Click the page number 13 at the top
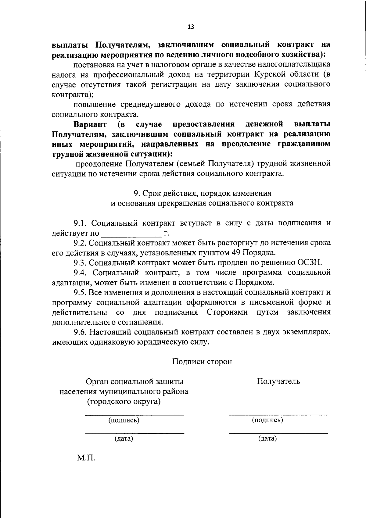[191, 27]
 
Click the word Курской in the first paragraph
[270, 74]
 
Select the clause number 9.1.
[80, 223]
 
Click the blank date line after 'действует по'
[131, 234]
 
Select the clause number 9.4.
[81, 273]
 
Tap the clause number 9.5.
[80, 292]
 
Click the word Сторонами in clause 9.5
[227, 313]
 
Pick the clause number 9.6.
[81, 332]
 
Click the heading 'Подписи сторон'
[202, 362]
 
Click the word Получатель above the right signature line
[278, 381]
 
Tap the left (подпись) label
[124, 420]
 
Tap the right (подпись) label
[267, 420]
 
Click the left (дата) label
[124, 439]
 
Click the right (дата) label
[267, 439]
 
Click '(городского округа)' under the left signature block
[124, 401]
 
